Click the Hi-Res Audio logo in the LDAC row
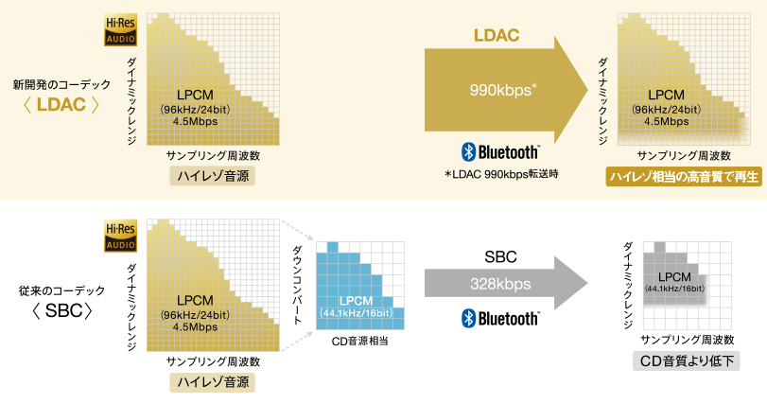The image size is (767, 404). click(x=120, y=30)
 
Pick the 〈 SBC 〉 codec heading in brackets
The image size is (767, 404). click(x=61, y=310)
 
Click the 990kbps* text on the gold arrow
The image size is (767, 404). click(x=504, y=91)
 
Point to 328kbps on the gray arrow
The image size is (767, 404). click(x=501, y=283)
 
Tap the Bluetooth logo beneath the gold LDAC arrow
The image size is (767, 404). click(x=500, y=151)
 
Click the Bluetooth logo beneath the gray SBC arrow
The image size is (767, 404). click(x=500, y=318)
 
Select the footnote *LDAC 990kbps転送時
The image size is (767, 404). click(x=500, y=175)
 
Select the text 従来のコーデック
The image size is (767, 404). click(x=61, y=289)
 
